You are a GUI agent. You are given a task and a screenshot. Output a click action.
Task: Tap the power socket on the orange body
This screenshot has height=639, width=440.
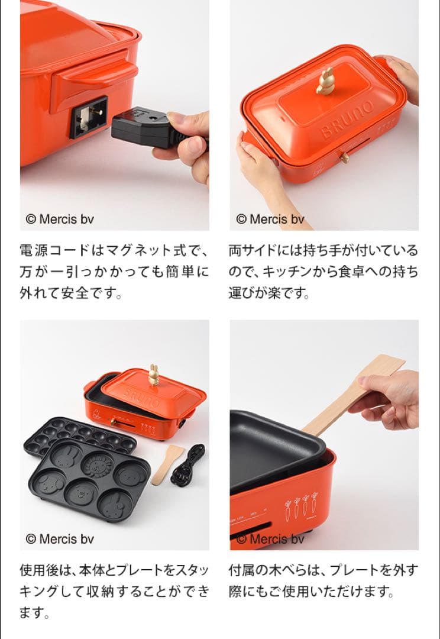click(x=89, y=117)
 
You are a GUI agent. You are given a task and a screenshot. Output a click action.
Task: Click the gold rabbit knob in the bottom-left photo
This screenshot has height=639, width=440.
click(x=154, y=375)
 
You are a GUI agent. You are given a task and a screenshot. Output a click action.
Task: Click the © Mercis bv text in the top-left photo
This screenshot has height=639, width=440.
click(x=60, y=219)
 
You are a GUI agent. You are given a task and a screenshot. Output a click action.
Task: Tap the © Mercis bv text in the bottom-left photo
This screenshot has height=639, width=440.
click(x=60, y=539)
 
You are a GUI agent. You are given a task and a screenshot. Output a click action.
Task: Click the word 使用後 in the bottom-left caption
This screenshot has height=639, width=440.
click(x=38, y=570)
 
